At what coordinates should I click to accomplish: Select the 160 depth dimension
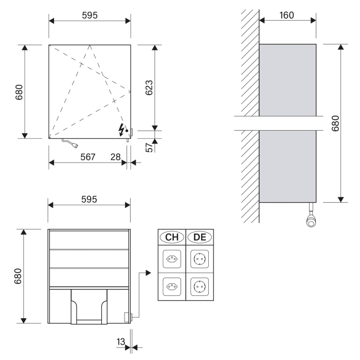click(x=287, y=15)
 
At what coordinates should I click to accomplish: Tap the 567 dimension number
click(x=87, y=157)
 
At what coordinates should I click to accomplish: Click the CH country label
click(x=171, y=237)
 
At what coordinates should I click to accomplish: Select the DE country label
click(x=199, y=237)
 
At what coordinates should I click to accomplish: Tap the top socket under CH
click(x=171, y=259)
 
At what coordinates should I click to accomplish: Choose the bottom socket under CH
click(x=171, y=285)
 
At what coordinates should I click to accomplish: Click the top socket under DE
click(x=199, y=259)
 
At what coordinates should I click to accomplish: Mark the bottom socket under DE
click(x=199, y=285)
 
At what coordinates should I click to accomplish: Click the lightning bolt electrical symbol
click(x=122, y=129)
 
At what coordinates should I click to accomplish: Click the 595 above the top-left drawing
click(x=89, y=15)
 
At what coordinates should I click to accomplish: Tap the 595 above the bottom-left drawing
click(x=89, y=199)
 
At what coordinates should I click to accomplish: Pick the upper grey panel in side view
click(x=287, y=80)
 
